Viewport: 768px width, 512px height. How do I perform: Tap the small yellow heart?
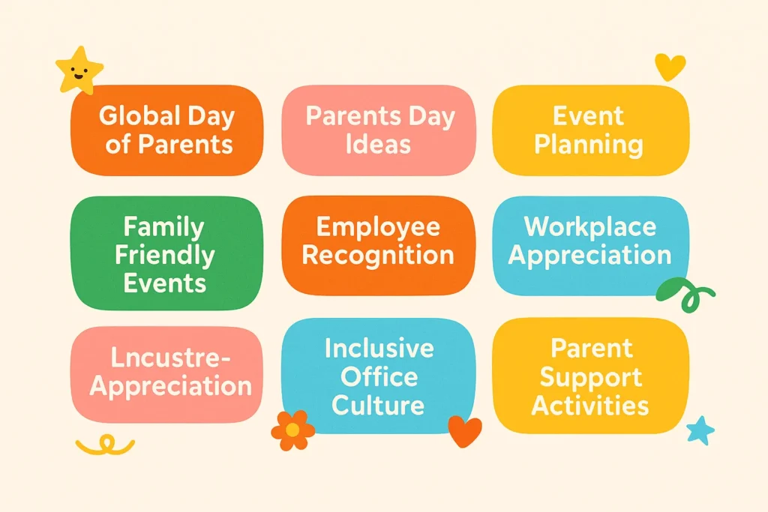670,67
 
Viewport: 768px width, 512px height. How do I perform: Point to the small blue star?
700,430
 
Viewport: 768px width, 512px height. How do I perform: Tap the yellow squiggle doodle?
105,446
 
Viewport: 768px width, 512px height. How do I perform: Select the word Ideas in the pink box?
378,144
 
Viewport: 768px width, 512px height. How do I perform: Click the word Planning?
589,144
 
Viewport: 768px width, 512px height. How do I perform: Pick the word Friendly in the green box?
164,255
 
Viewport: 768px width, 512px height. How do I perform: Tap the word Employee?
378,227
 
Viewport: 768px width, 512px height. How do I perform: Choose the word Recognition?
378,255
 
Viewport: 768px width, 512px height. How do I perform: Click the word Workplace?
589,227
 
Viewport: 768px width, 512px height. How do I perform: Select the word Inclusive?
379,349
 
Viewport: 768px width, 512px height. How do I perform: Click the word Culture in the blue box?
378,405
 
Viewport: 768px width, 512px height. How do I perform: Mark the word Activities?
590,405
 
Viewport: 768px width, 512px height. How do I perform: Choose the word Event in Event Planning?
589,116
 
